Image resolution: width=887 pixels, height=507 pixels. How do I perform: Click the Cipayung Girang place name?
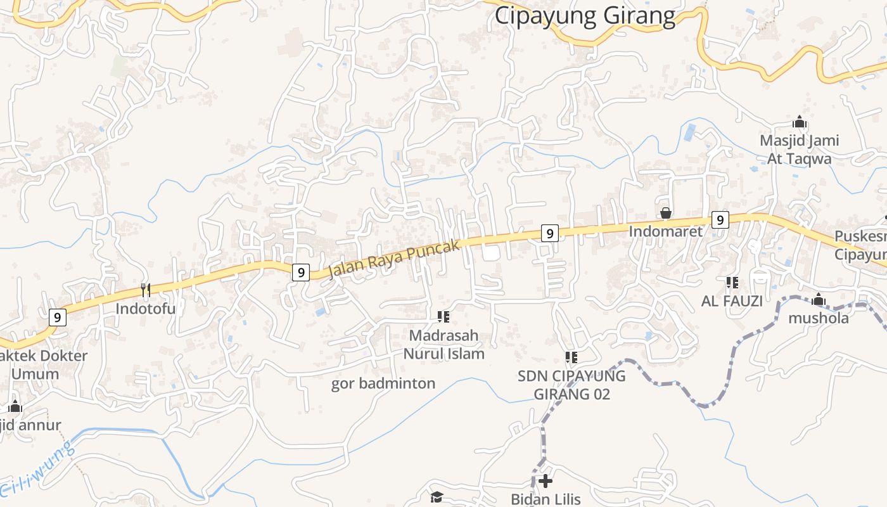tap(585, 15)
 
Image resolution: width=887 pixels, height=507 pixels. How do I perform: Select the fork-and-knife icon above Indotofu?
tap(146, 290)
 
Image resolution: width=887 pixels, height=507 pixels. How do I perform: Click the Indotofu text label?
tap(146, 309)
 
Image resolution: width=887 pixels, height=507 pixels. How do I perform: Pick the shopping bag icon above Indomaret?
tap(666, 213)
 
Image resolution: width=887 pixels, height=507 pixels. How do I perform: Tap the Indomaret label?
tap(666, 231)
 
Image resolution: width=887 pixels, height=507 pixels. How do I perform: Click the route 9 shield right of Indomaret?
tap(719, 220)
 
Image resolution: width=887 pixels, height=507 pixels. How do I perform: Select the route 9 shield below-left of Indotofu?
tap(57, 317)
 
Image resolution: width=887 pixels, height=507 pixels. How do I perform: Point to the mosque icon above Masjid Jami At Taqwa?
tap(800, 122)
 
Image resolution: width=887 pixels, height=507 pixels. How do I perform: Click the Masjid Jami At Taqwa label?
tap(800, 150)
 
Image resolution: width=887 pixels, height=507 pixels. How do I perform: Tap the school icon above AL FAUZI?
tap(732, 283)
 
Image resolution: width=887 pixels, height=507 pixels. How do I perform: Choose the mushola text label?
tap(819, 318)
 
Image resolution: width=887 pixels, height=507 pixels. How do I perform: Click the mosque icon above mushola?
tap(819, 299)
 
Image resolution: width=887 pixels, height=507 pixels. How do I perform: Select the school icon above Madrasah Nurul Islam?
tap(443, 316)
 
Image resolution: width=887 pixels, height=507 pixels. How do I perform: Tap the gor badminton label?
tap(383, 383)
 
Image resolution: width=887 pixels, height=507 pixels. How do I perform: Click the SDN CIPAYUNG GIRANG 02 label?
tap(571, 385)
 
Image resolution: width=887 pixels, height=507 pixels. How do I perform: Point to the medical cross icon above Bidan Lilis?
tap(546, 481)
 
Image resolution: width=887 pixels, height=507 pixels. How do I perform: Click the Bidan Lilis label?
tap(546, 499)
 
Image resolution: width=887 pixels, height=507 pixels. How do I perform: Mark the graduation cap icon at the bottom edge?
tap(437, 497)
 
